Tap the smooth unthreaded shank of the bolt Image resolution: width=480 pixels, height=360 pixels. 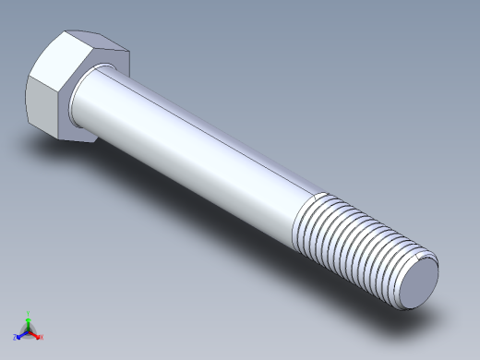click(x=194, y=148)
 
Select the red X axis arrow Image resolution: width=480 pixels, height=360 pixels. click(x=36, y=334)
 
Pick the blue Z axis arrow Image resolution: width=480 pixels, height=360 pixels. click(x=21, y=334)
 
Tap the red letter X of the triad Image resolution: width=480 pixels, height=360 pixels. click(x=42, y=337)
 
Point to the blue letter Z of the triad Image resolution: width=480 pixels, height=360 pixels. click(x=16, y=338)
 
